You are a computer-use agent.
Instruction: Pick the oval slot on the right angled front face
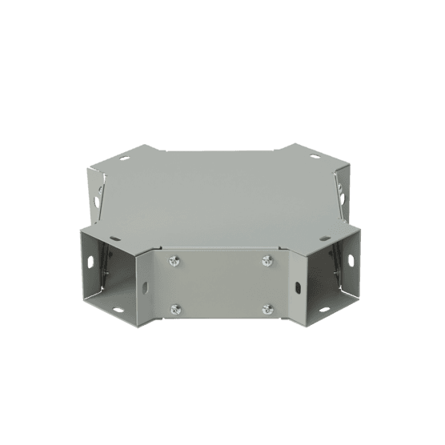click(x=297, y=287)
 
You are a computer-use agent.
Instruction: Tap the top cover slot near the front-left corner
click(x=117, y=239)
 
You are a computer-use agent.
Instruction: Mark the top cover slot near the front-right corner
click(x=329, y=239)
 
